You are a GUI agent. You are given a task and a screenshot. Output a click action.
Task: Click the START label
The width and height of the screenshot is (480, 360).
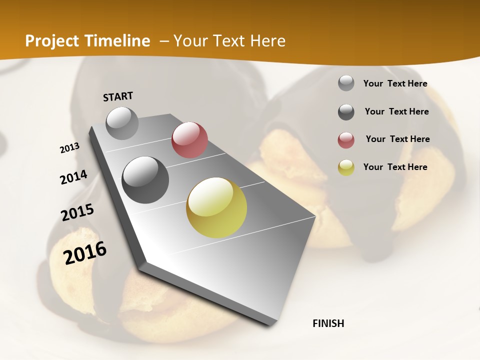(118, 96)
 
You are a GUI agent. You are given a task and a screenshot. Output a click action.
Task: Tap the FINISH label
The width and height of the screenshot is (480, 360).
(328, 323)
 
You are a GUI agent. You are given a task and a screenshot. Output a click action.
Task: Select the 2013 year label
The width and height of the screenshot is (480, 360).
(69, 147)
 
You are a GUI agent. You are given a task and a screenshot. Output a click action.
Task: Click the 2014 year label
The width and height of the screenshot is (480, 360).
(73, 177)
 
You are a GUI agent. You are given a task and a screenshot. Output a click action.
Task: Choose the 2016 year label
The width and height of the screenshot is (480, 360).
(85, 252)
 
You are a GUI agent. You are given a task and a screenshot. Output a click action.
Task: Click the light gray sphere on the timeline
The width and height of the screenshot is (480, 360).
(122, 123)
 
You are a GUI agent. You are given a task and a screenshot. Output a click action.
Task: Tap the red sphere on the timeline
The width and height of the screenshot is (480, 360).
(189, 140)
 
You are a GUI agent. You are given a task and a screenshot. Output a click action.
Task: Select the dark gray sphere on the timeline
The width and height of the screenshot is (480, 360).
(145, 180)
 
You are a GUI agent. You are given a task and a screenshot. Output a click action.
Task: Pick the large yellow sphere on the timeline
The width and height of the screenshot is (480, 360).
(216, 207)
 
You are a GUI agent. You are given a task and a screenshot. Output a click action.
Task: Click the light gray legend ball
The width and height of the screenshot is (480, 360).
(346, 83)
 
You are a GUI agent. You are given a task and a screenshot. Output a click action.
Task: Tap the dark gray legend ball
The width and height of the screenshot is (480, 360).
(346, 112)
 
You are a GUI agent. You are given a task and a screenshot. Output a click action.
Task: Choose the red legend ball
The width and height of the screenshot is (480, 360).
(346, 140)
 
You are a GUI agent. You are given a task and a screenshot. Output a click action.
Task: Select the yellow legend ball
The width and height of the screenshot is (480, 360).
(346, 167)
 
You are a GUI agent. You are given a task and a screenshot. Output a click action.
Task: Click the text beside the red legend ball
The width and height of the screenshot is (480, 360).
(397, 139)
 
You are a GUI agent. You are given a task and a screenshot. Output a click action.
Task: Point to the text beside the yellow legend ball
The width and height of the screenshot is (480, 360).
(395, 167)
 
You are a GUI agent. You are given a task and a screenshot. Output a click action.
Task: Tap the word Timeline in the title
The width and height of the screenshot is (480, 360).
(118, 41)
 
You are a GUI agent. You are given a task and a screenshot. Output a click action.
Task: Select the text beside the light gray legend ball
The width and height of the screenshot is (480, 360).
(395, 83)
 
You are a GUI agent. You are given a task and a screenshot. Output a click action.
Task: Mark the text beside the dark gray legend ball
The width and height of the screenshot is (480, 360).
(396, 111)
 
